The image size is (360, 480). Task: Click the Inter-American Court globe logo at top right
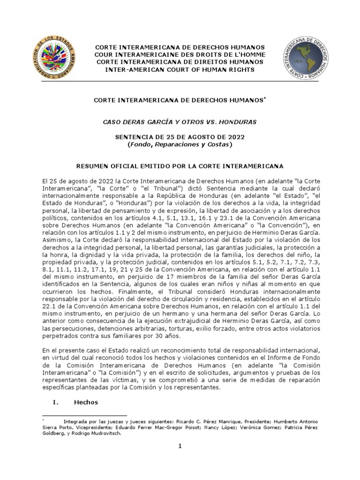tap(305, 59)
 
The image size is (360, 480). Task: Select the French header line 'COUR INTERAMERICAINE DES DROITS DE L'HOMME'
tap(180, 55)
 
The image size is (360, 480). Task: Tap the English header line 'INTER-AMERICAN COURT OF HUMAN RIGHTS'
tap(180, 69)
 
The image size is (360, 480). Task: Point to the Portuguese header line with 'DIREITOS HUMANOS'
tap(180, 62)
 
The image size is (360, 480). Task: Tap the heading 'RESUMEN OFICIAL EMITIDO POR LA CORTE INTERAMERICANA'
tap(180, 166)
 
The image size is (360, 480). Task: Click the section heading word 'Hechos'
tap(86, 402)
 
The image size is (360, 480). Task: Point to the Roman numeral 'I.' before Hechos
tap(52, 402)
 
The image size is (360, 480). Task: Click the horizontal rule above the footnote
tap(84, 415)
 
